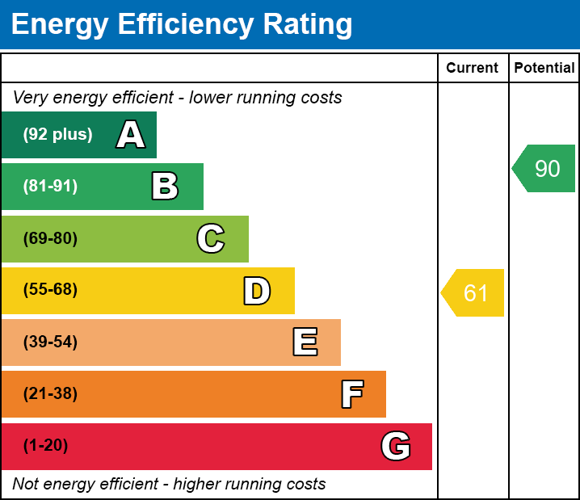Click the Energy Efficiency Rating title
click(182, 24)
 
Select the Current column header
click(473, 68)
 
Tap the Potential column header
click(544, 68)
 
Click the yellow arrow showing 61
click(473, 292)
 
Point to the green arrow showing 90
click(545, 168)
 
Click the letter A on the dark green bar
click(130, 135)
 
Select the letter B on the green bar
click(165, 187)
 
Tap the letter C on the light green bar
click(210, 238)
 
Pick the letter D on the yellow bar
click(257, 291)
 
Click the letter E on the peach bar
click(305, 342)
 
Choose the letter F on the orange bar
click(351, 394)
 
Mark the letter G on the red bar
click(396, 446)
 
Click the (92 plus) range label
click(57, 135)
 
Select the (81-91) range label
click(50, 187)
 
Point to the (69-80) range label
click(50, 238)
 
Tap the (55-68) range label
click(50, 290)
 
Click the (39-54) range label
click(50, 342)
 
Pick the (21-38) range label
click(50, 394)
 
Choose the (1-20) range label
click(45, 446)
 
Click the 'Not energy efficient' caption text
click(169, 484)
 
